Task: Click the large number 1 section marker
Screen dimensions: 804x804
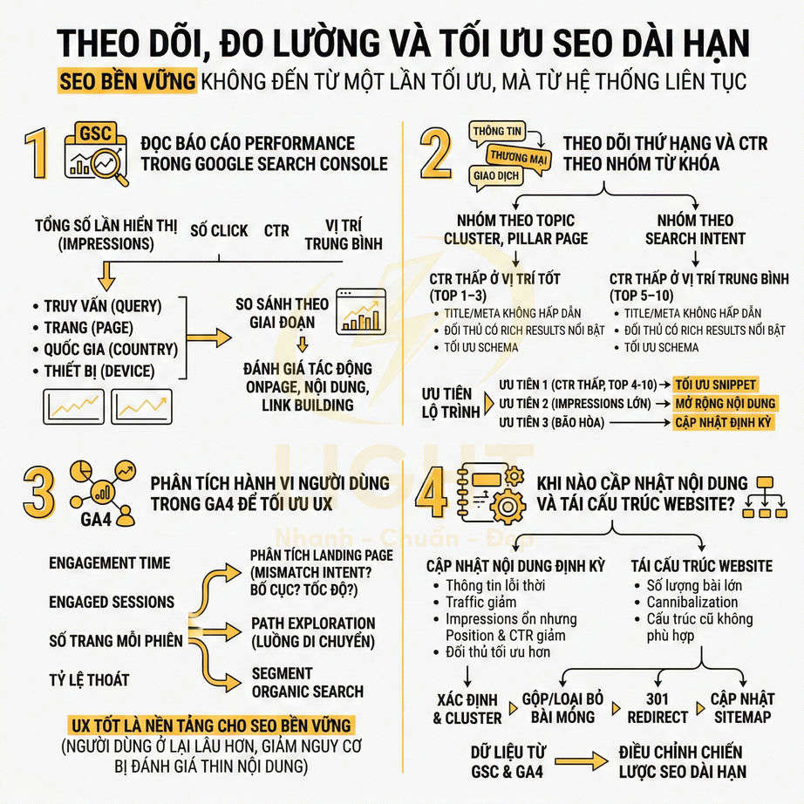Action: click(x=37, y=153)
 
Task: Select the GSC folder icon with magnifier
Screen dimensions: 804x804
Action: click(x=96, y=153)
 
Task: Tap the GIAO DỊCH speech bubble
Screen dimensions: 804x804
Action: click(x=495, y=174)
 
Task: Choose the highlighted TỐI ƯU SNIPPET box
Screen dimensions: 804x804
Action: click(x=716, y=385)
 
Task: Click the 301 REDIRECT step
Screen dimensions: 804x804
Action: click(x=658, y=707)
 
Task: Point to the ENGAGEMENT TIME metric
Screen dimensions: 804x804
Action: click(x=110, y=563)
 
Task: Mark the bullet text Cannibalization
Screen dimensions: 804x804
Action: click(x=692, y=602)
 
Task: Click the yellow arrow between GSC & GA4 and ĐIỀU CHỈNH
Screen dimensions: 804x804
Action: click(x=580, y=760)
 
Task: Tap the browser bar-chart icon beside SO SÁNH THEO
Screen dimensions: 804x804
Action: click(x=360, y=310)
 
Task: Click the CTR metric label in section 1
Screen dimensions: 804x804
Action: click(x=276, y=231)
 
